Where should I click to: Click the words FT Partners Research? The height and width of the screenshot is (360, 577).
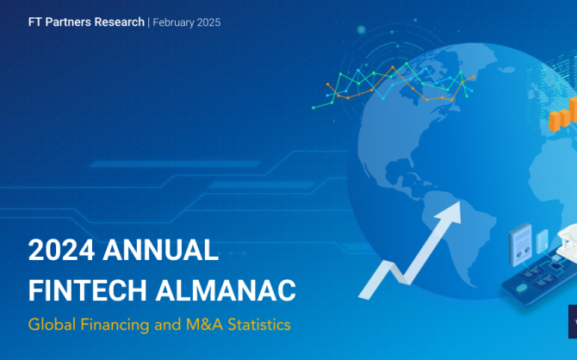[86, 22]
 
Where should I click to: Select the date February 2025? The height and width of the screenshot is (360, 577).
[187, 22]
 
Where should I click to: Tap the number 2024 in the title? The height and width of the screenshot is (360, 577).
[61, 250]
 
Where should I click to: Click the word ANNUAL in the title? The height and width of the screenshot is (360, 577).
[160, 250]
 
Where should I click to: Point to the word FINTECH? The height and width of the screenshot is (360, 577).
[88, 290]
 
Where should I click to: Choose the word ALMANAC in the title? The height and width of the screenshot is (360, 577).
[226, 290]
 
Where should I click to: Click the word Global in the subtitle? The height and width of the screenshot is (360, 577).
[52, 325]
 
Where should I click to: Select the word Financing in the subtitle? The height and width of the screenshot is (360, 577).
[115, 326]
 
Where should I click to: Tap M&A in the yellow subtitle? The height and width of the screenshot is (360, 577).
[204, 325]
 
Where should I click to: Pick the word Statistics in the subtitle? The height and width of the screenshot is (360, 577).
[259, 325]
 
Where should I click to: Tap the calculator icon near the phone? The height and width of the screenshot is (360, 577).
[520, 244]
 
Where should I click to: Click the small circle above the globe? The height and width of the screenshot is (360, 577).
[362, 29]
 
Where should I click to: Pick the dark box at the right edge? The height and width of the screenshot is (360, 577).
[573, 321]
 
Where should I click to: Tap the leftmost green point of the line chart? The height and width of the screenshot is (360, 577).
[313, 108]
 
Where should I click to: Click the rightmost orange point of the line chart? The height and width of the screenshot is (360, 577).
[474, 77]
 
